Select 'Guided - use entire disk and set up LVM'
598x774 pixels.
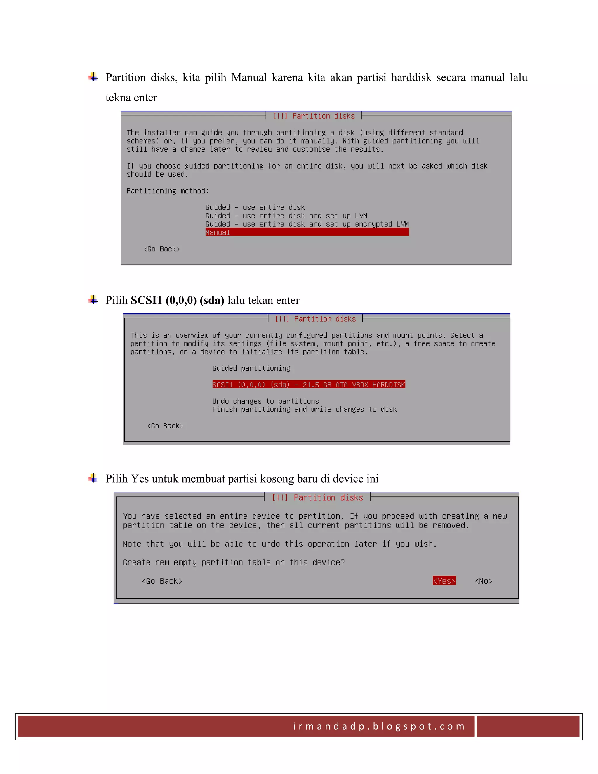tap(286, 216)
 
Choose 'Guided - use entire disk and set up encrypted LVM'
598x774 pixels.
tap(307, 224)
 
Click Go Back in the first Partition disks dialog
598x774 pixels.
tap(161, 249)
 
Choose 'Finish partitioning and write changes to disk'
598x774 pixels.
tap(304, 409)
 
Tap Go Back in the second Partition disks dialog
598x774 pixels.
tap(165, 426)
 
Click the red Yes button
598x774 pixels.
tap(444, 581)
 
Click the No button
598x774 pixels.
tap(483, 581)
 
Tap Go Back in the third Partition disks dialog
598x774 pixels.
tap(162, 581)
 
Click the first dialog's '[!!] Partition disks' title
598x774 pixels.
tap(314, 116)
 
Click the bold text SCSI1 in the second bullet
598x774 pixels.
tap(146, 300)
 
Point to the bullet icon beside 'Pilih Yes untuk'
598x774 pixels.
tap(93, 478)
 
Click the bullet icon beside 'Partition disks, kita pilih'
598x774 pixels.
tap(93, 77)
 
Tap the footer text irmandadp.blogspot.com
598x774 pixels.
tap(379, 726)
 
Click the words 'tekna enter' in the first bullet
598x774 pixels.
tap(131, 98)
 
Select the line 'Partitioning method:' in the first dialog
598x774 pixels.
tap(168, 191)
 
